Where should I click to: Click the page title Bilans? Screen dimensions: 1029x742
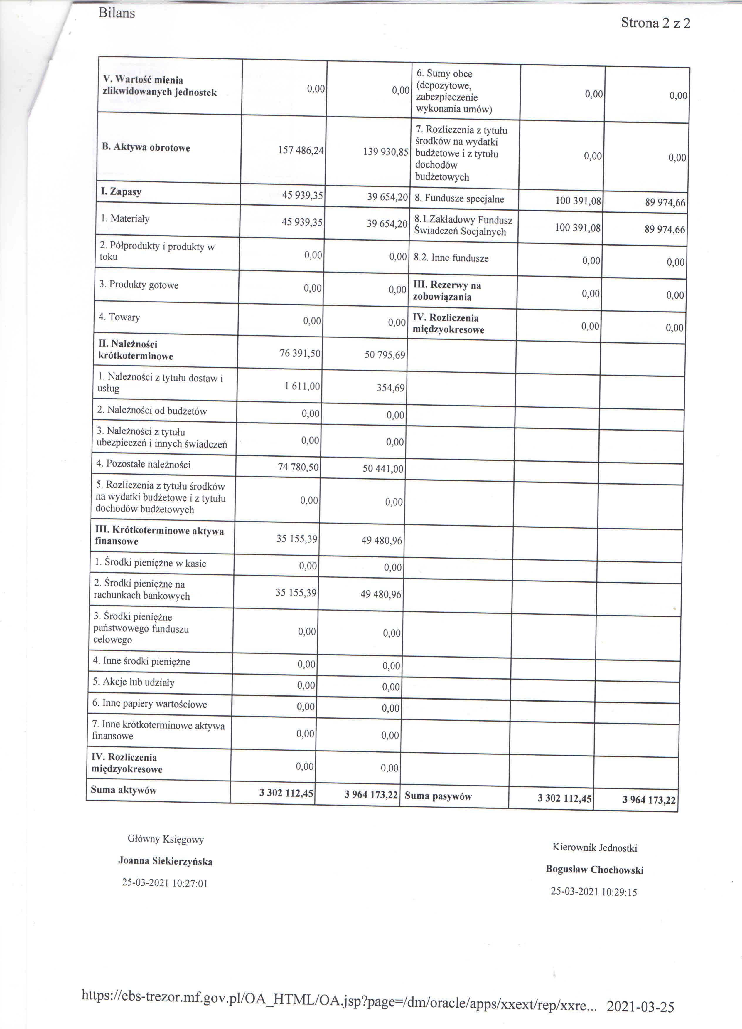tap(117, 13)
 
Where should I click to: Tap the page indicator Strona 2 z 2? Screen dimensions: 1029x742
tap(655, 23)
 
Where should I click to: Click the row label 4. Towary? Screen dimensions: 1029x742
tap(119, 317)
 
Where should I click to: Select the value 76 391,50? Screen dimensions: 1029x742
tap(300, 353)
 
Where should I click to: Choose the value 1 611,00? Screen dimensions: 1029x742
tap(302, 386)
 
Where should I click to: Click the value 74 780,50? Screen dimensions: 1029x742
tap(299, 467)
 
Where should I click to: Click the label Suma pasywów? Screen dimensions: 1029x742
tap(438, 796)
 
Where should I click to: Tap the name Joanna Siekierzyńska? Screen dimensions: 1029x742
tap(165, 861)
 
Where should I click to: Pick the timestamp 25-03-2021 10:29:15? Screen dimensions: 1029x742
tap(594, 892)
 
